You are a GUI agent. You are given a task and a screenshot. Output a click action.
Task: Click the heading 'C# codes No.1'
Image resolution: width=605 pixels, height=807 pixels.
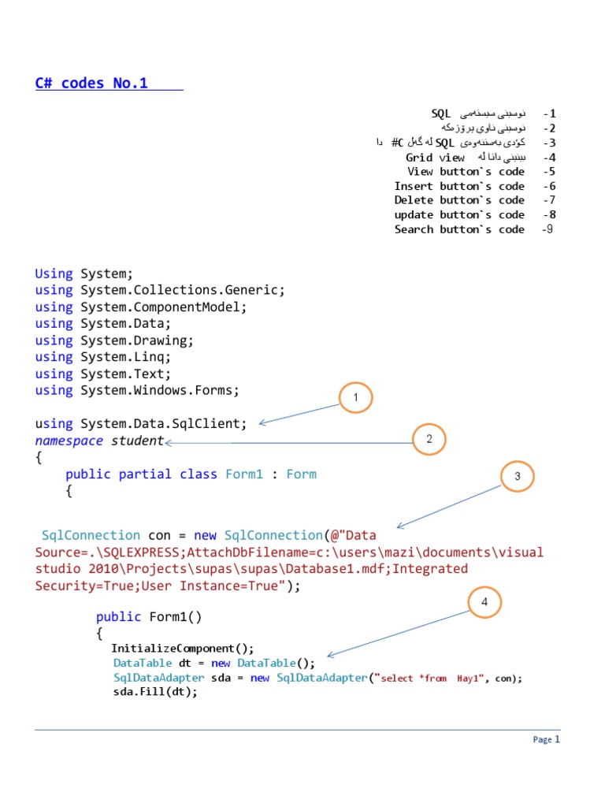coord(91,84)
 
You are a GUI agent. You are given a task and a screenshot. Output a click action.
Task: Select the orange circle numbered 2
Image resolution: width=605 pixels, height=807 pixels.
coord(429,440)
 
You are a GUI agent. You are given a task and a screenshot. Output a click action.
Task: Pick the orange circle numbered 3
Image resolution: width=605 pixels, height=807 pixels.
coord(518,476)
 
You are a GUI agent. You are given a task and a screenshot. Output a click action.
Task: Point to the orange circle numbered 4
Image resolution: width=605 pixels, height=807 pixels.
coord(485,604)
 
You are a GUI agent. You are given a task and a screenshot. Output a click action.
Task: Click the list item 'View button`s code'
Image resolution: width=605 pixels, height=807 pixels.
coord(466,171)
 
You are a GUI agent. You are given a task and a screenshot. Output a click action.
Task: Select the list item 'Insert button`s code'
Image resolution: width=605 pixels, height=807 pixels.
coord(459,186)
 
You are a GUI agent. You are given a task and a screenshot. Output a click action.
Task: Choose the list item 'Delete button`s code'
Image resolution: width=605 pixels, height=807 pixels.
coord(459,200)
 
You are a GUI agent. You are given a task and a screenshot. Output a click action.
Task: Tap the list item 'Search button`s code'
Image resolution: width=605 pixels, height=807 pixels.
coord(459,229)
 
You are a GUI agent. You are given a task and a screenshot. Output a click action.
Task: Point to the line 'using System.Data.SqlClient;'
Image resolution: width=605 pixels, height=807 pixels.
coord(141,424)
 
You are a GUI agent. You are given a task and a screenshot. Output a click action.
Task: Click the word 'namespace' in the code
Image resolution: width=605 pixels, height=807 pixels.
coord(69,441)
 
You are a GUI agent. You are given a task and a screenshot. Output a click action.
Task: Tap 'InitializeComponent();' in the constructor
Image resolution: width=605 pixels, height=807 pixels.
coord(183,649)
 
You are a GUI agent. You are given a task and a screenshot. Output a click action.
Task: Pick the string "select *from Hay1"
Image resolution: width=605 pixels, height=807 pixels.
coord(431,678)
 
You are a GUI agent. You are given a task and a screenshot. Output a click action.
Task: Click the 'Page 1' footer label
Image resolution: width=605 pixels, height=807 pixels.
coord(546,740)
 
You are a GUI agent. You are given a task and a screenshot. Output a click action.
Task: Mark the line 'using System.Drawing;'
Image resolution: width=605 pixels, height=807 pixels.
coord(114,340)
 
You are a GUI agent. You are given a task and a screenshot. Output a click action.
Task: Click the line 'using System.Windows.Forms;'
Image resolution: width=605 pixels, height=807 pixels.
coord(137,390)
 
